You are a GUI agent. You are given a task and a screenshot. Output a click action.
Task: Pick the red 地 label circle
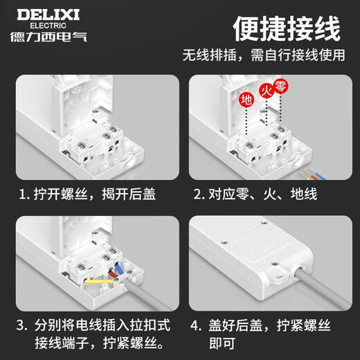click(x=245, y=99)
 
